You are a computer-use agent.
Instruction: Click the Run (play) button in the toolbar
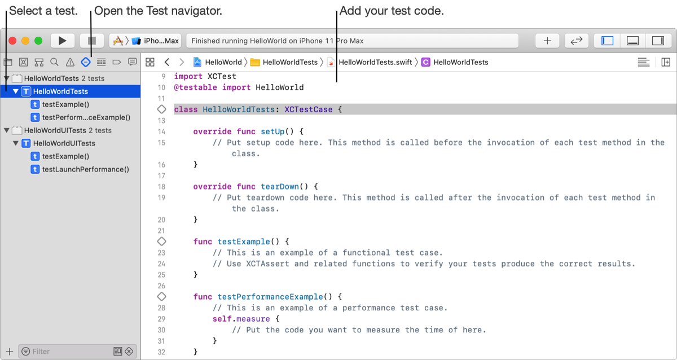[x=62, y=41]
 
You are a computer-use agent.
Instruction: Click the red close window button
[x=12, y=41]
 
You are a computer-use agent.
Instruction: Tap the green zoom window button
[x=38, y=41]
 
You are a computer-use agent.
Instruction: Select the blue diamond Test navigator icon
[x=86, y=62]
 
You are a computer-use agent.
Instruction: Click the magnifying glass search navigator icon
[x=54, y=62]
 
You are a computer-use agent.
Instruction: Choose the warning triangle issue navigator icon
[x=70, y=62]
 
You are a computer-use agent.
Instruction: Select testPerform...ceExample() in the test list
[x=86, y=117]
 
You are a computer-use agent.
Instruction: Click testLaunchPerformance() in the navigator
[x=86, y=169]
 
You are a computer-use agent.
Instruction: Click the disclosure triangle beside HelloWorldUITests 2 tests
[x=6, y=130]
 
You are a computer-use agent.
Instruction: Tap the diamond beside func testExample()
[x=162, y=242]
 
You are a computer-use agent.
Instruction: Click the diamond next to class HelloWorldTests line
[x=162, y=109]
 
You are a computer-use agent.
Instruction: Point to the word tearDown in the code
[x=280, y=187]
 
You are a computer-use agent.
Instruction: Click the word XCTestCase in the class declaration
[x=308, y=109]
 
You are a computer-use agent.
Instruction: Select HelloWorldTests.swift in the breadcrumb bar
[x=375, y=62]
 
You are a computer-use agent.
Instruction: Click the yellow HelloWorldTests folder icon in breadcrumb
[x=255, y=62]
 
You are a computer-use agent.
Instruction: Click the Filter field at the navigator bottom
[x=72, y=351]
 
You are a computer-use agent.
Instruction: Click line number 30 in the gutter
[x=161, y=330]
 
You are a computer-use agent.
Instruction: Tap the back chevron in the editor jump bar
[x=167, y=62]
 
